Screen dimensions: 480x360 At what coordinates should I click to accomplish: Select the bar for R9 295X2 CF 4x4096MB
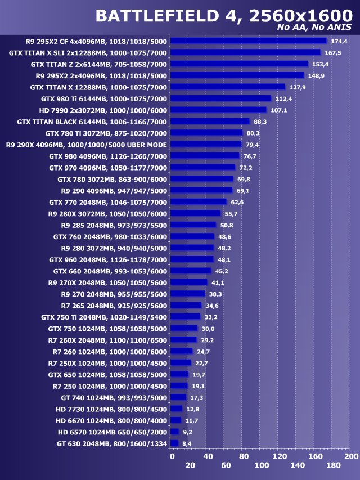[248, 41]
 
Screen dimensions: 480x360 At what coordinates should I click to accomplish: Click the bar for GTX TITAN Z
[239, 64]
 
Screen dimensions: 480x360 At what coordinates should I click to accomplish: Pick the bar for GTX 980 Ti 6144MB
[220, 98]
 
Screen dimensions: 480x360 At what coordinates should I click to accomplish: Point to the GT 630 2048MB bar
[174, 443]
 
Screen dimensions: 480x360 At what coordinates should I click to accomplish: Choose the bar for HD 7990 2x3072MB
[218, 110]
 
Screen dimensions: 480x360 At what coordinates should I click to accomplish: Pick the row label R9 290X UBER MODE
[87, 145]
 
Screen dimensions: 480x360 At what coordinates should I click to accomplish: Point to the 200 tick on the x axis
[351, 456]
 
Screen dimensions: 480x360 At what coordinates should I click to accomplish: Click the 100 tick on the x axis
[262, 465]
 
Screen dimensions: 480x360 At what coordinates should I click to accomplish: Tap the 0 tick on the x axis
[172, 456]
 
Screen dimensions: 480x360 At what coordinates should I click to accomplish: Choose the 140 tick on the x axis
[298, 465]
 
